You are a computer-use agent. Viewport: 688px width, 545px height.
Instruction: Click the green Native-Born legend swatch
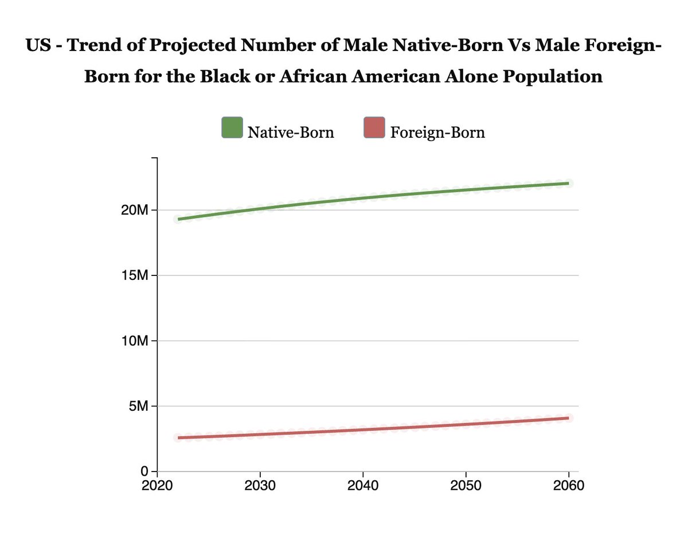coord(232,127)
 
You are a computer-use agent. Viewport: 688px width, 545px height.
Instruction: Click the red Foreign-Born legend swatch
coord(374,127)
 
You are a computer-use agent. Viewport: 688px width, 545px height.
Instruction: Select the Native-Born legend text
coord(291,132)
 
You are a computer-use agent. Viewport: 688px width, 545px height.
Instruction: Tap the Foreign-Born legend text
coord(437,132)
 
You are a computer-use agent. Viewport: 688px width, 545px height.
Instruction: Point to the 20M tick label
coord(135,211)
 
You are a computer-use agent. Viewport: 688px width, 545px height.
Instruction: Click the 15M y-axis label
coord(135,275)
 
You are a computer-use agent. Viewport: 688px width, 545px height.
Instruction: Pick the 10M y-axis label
coord(135,341)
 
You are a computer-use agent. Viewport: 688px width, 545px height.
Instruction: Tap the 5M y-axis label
coord(138,406)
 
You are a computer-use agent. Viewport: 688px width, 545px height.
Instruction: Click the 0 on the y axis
coord(144,472)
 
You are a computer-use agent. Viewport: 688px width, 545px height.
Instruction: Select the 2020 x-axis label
coord(157,486)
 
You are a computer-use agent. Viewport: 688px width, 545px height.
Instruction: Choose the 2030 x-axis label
coord(260,486)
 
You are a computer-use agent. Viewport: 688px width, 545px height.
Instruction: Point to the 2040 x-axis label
coord(363,486)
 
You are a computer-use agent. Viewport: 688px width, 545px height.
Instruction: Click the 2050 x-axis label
coord(466,486)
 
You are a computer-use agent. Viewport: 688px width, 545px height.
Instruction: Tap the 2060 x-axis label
coord(569,486)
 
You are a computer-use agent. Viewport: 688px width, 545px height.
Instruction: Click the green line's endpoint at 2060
coord(568,184)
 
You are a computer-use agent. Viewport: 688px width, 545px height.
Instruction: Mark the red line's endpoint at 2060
coord(568,418)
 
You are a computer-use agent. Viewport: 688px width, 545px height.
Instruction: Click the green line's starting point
coord(178,219)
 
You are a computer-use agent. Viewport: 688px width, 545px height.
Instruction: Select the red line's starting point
coord(178,438)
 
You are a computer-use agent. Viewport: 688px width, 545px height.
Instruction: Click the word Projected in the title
coord(193,45)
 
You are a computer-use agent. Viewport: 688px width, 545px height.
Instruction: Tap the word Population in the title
coord(553,76)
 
